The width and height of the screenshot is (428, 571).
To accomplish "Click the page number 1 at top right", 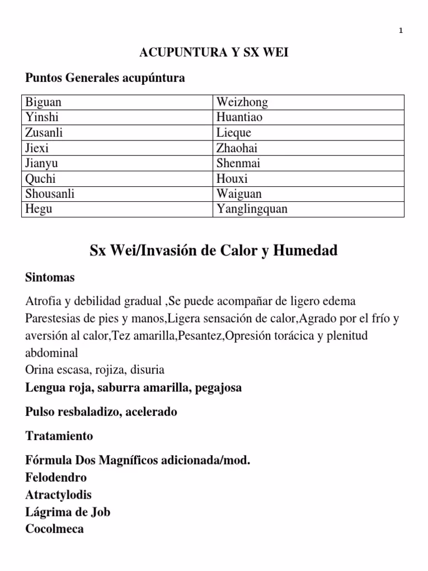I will tap(401, 31).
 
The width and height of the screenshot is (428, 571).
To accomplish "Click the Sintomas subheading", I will tap(50, 277).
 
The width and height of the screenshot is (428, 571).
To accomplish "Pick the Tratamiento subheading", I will tap(60, 435).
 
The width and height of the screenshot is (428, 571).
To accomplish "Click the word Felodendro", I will tap(56, 478).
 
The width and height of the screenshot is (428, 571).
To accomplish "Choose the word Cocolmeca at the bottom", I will tap(55, 529).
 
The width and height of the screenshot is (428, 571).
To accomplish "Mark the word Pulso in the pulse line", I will tap(40, 412).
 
